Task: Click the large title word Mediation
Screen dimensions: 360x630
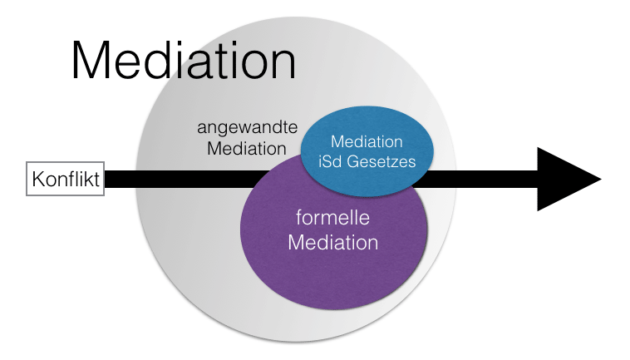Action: [184, 61]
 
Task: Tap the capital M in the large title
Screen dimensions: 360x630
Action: [93, 61]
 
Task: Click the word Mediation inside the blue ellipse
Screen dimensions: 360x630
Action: [367, 142]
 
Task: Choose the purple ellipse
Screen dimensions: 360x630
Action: [332, 249]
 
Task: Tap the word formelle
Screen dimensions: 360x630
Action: [332, 219]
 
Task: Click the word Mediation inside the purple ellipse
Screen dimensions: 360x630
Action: [332, 243]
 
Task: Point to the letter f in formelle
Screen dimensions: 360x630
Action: [299, 218]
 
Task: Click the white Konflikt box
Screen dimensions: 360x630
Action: [65, 179]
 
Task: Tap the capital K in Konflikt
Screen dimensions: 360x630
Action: [36, 179]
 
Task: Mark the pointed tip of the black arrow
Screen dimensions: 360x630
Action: [599, 179]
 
